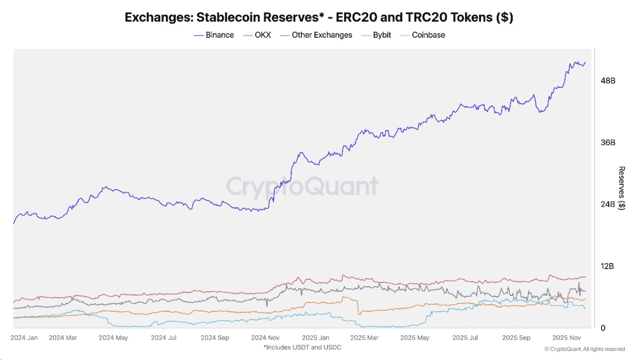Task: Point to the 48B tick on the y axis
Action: pos(608,81)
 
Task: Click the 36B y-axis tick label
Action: pos(608,143)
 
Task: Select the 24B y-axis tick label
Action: pos(608,205)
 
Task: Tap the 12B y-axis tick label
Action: pos(608,266)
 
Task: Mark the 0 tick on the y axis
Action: pos(603,328)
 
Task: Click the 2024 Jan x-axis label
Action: pos(24,338)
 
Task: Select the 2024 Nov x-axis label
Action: pos(266,338)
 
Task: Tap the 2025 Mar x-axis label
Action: pos(365,338)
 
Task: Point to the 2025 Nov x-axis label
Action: pos(566,338)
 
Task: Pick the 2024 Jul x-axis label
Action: pos(164,338)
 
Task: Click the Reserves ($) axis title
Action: pos(622,189)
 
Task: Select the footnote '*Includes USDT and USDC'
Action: pos(302,347)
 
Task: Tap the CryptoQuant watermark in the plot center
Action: pos(302,186)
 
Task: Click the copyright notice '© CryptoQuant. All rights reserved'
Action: pos(585,349)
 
